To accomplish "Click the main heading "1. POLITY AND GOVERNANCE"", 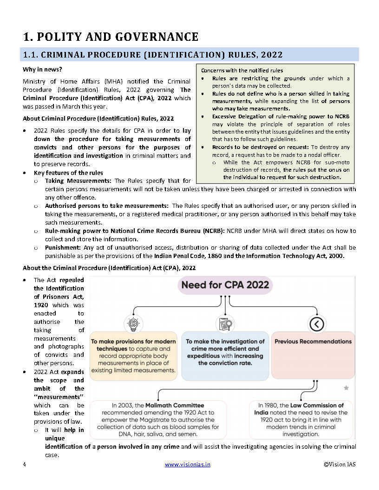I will [111, 37].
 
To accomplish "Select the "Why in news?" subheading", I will [42, 69].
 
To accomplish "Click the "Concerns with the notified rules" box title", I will [242, 71].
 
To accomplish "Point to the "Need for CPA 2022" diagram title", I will [225, 284].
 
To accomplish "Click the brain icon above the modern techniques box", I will [133, 323].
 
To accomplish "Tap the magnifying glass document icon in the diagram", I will [225, 323].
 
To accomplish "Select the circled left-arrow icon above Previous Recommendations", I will [316, 323].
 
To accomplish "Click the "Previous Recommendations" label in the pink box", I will [313, 342].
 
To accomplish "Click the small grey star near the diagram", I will [346, 387].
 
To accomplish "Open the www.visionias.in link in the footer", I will [187, 464].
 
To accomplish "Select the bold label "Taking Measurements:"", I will [78, 181].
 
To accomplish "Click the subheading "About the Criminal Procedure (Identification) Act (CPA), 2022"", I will [109, 268].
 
